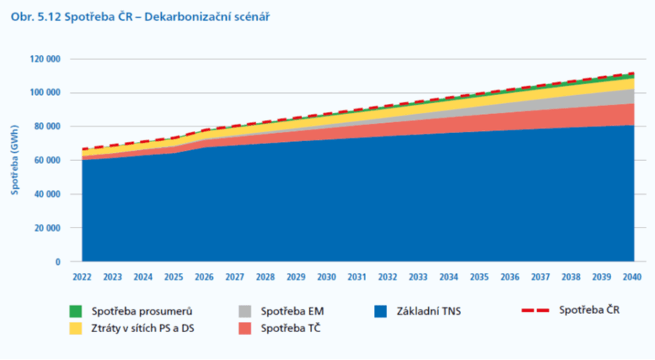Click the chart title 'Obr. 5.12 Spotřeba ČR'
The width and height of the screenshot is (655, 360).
[72, 15]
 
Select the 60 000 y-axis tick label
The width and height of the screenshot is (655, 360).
[46, 160]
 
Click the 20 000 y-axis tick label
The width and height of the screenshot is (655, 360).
[46, 228]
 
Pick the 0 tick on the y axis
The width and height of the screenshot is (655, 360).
[57, 262]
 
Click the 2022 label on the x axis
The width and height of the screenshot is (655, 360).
[82, 278]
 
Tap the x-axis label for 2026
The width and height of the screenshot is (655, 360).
[204, 278]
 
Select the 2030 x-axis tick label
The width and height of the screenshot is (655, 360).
[326, 278]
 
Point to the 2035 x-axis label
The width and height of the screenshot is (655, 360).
[479, 278]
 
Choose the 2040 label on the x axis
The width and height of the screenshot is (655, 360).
[632, 278]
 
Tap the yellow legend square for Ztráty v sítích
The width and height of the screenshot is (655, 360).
[75, 328]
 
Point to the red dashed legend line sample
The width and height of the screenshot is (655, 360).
[535, 310]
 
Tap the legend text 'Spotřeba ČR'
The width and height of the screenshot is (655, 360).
[589, 310]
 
